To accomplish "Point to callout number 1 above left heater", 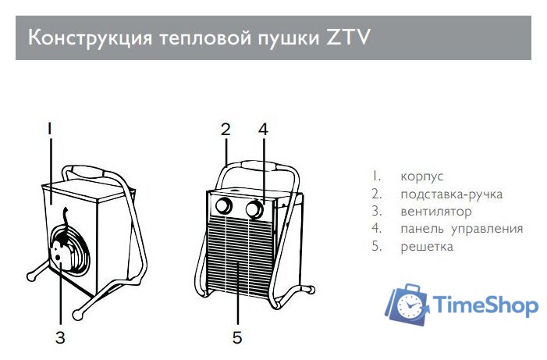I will tap(50, 127).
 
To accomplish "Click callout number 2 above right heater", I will tap(225, 128).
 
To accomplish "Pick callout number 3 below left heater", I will tap(60, 337).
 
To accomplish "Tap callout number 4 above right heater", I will tap(263, 128).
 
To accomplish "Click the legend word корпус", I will tap(422, 176).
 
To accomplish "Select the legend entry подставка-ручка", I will tap(451, 194).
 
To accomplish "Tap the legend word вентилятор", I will tap(435, 211).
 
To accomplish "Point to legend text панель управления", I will tap(461, 229).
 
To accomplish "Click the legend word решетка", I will tap(426, 246).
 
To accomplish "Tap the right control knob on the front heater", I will tap(254, 209).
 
